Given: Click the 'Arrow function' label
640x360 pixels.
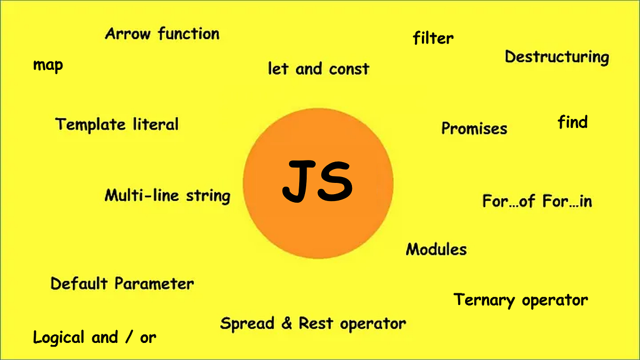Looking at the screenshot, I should [162, 34].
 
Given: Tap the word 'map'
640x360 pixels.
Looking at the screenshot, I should [48, 66].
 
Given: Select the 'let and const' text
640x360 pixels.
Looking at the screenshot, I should [318, 69].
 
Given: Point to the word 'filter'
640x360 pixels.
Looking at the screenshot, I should [433, 38].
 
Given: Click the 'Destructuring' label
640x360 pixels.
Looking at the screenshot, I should [557, 57].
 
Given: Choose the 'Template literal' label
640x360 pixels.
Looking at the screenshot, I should [117, 125].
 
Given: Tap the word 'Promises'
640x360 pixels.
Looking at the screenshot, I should [474, 129].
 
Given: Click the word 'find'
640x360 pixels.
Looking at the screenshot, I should [572, 122].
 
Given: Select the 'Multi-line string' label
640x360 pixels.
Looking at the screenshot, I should [167, 196].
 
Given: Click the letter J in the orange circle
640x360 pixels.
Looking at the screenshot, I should [299, 181].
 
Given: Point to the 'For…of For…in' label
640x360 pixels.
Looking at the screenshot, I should [537, 201].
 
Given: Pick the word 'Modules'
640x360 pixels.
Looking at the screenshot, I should [436, 249].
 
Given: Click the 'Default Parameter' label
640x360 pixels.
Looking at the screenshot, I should [122, 284].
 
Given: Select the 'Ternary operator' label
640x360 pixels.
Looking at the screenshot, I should [521, 300].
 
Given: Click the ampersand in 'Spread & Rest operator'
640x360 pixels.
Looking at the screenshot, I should [287, 323].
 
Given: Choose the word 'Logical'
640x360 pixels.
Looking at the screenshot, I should [59, 338].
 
